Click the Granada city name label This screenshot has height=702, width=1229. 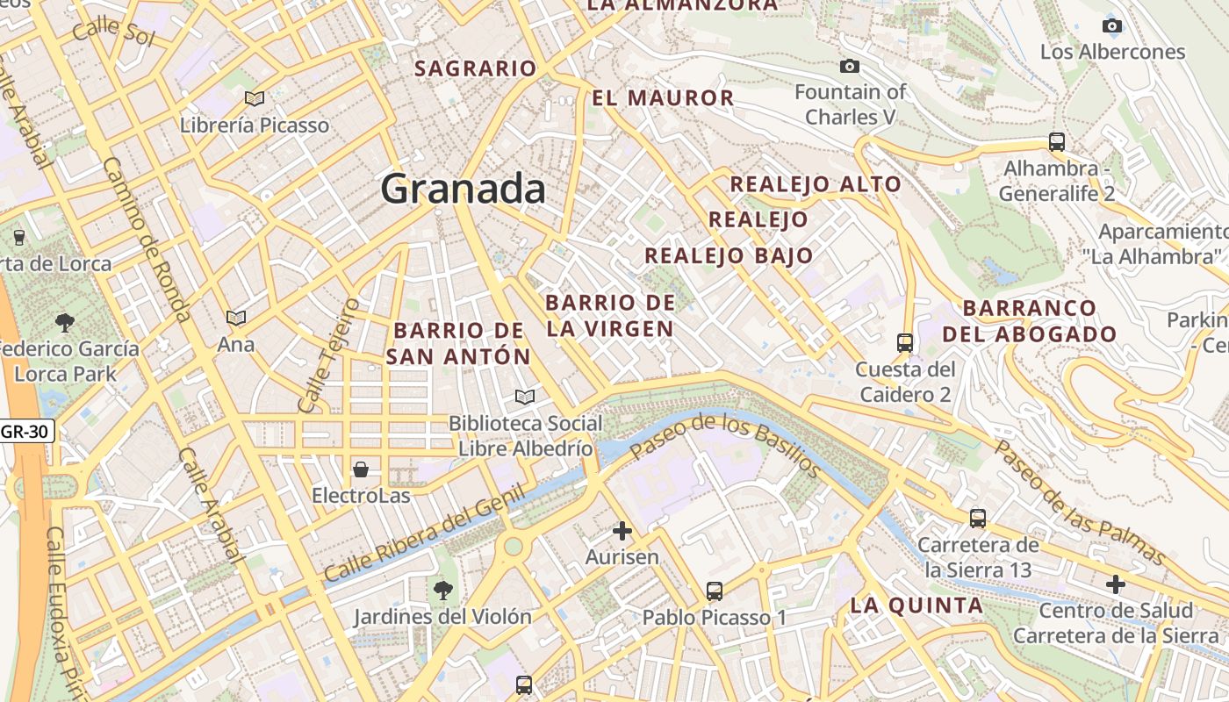click(464, 189)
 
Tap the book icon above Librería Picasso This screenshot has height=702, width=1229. click(255, 99)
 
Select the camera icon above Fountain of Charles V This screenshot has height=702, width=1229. click(849, 66)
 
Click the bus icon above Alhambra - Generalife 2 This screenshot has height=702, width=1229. click(1057, 141)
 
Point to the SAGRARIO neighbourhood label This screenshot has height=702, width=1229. click(475, 68)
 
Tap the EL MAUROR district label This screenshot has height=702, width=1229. click(663, 98)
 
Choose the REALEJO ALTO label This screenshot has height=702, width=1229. click(816, 184)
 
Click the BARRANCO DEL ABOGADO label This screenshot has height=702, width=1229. click(1029, 321)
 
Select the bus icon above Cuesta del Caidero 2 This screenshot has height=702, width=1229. click(905, 342)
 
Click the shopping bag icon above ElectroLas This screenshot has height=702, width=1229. click(361, 469)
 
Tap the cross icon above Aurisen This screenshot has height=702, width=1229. click(622, 530)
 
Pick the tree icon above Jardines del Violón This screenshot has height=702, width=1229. click(443, 591)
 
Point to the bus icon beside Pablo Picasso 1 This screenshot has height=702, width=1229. click(715, 591)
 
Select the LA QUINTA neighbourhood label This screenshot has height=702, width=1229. click(916, 605)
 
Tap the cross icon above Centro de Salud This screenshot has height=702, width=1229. click(1116, 584)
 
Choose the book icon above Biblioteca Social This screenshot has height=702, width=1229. click(525, 398)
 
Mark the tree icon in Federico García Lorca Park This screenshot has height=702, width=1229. click(65, 322)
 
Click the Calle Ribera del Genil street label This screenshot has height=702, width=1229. click(424, 534)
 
